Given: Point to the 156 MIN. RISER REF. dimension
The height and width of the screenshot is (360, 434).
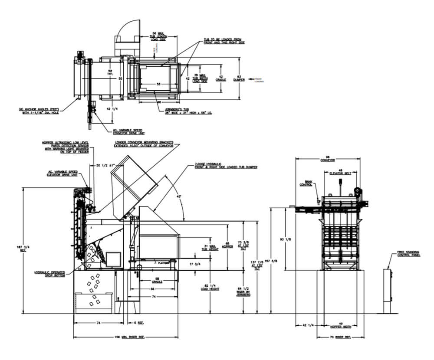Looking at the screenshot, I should click(x=126, y=337).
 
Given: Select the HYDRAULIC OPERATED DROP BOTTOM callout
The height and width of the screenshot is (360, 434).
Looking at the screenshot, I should click(x=50, y=274).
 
